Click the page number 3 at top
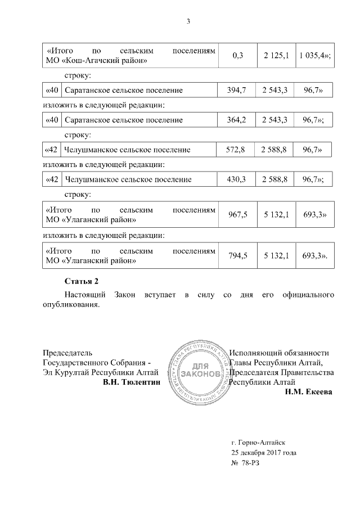(x=188, y=22)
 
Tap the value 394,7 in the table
(x=237, y=90)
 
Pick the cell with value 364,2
(x=237, y=120)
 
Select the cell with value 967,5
(x=237, y=214)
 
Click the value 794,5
(x=237, y=255)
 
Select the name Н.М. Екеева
(x=309, y=392)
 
